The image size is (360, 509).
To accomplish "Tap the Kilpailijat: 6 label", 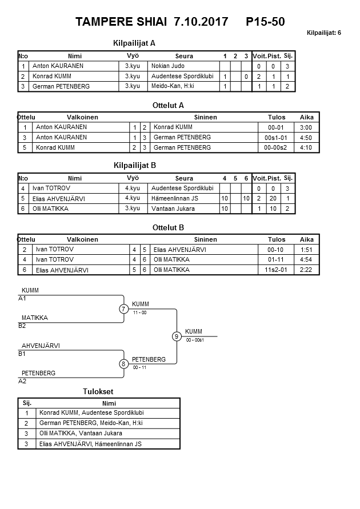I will tap(324, 33).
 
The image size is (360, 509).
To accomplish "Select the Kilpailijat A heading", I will tap(134, 43).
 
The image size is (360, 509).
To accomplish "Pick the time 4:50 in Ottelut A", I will tap(306, 138).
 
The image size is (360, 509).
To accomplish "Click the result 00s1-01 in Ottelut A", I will tap(277, 138).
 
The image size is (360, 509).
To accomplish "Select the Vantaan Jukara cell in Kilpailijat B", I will tap(173, 209).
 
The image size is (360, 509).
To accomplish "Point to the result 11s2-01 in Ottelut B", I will tap(277, 270).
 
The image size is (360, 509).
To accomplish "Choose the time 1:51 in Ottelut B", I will tap(306, 250).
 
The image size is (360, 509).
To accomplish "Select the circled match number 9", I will tap(177, 336).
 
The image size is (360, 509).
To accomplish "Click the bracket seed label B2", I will tap(22, 326).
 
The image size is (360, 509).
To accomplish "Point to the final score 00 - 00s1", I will tap(195, 340).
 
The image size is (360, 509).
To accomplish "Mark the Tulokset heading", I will tap(98, 392).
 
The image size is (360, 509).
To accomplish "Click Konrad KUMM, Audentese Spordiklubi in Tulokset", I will tap(91, 412).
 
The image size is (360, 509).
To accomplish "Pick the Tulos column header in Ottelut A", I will tap(277, 117).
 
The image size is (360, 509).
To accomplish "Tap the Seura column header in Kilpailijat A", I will tap(184, 56).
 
